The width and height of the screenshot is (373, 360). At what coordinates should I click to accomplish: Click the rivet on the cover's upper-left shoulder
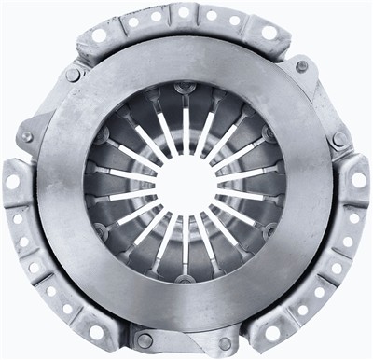pos(73,75)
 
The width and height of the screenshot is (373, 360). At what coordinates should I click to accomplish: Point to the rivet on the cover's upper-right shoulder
pos(301,66)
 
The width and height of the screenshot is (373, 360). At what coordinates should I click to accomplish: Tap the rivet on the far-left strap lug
pos(27,137)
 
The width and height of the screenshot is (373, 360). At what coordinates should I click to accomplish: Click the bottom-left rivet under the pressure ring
pos(145,341)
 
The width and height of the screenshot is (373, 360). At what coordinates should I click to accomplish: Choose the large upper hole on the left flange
pos(14,181)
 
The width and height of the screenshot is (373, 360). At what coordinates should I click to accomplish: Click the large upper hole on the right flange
pos(358,180)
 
